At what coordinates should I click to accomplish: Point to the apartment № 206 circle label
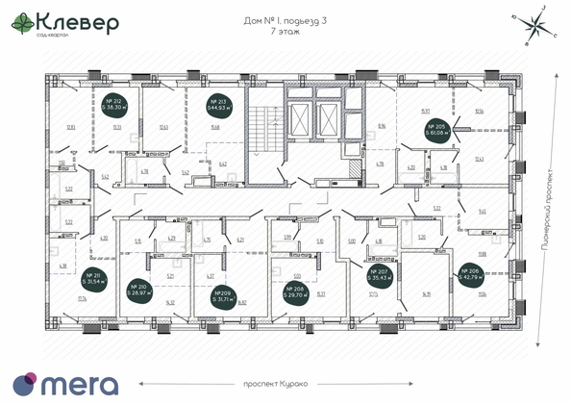click(472, 279)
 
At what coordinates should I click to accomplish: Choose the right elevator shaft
click(328, 121)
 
